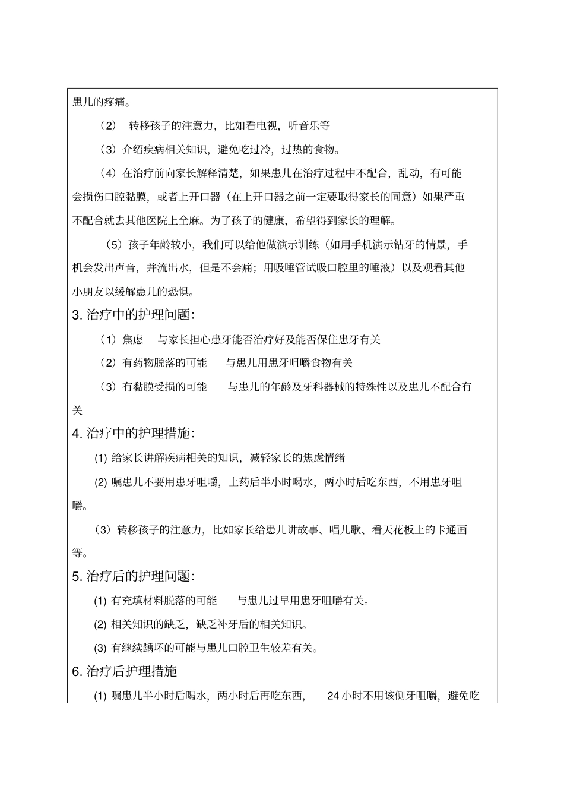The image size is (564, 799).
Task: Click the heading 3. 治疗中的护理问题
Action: pyautogui.click(x=134, y=315)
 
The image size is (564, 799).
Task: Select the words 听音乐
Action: pyautogui.click(x=304, y=125)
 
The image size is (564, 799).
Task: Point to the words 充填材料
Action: pyautogui.click(x=142, y=601)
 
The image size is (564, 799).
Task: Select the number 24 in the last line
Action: pyautogui.click(x=333, y=696)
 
